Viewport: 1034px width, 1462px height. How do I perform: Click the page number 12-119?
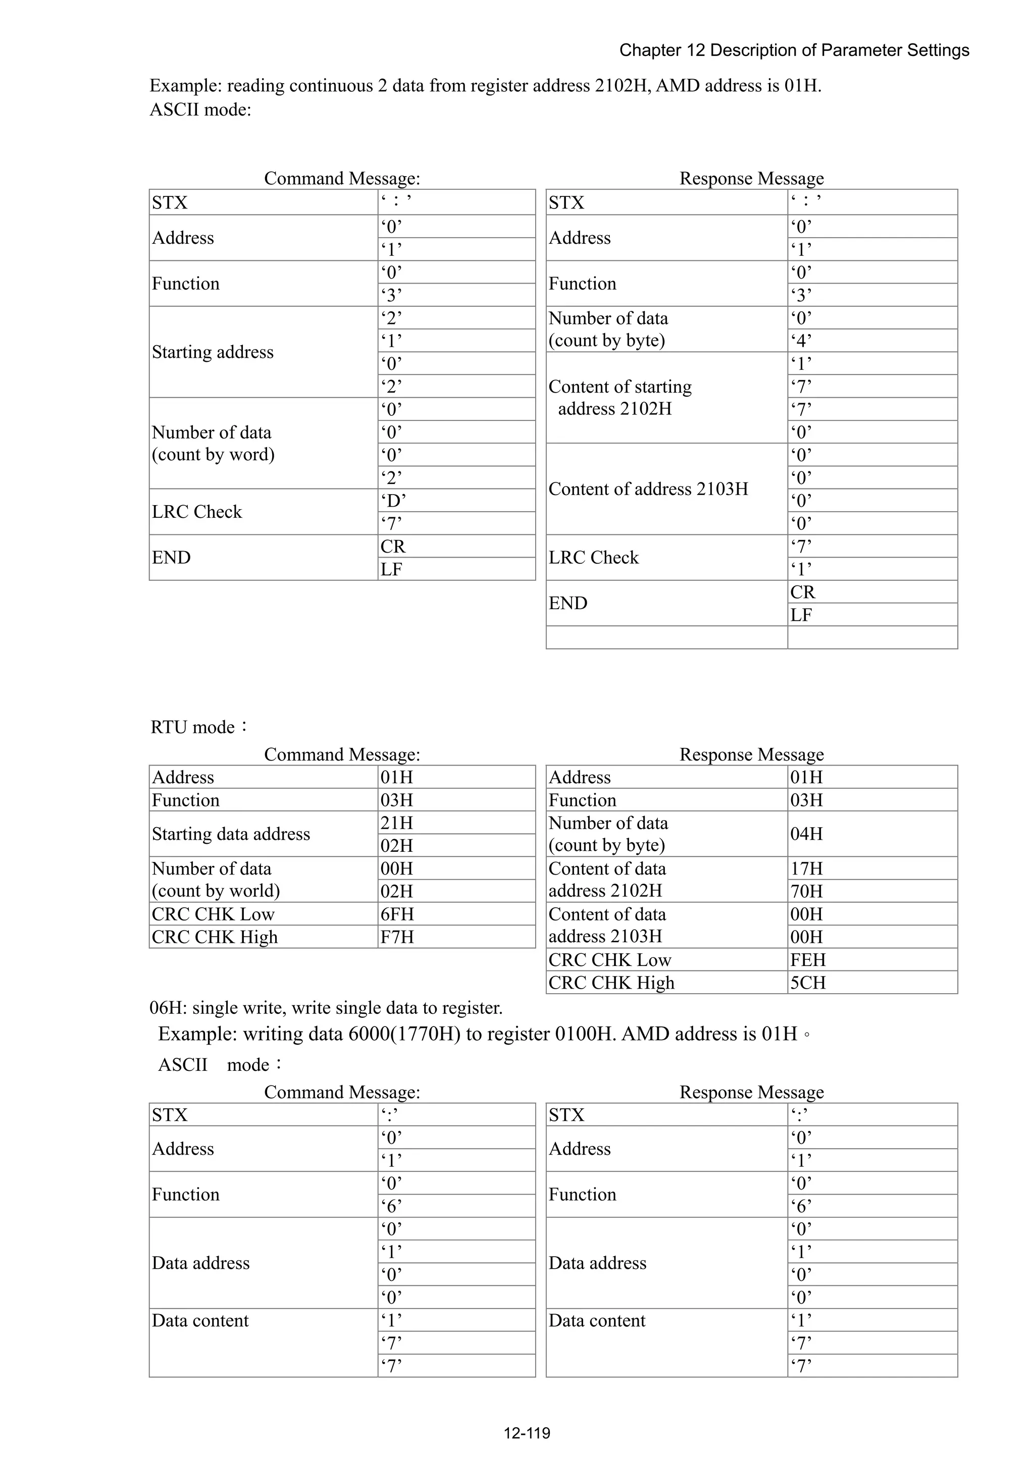point(526,1433)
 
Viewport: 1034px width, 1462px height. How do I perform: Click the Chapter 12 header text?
point(794,50)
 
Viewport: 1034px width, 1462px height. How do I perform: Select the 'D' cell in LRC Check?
point(456,501)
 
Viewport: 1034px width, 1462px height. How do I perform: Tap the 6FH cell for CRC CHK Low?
point(456,914)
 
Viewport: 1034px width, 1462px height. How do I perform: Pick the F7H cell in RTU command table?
point(456,937)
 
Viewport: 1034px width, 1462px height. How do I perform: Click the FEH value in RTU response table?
point(871,959)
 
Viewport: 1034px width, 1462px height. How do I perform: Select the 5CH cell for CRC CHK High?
point(871,983)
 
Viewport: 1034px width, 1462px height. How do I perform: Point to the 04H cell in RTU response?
point(871,834)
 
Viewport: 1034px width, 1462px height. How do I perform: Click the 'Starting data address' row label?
point(231,834)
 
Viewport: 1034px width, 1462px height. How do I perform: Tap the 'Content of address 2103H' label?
point(648,489)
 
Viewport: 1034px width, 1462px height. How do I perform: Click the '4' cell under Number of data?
point(871,341)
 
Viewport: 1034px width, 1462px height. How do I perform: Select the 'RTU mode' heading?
point(198,727)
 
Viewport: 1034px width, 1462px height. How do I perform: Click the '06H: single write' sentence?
point(326,1008)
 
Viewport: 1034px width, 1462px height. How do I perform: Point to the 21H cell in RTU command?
point(456,823)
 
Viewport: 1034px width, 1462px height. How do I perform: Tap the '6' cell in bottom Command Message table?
point(456,1206)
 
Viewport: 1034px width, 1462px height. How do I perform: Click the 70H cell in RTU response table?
point(871,891)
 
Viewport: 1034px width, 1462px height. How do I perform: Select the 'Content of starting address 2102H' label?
point(619,397)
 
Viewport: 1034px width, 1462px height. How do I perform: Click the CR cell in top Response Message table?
point(871,592)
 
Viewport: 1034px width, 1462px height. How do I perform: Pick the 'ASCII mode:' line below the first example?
point(200,110)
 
